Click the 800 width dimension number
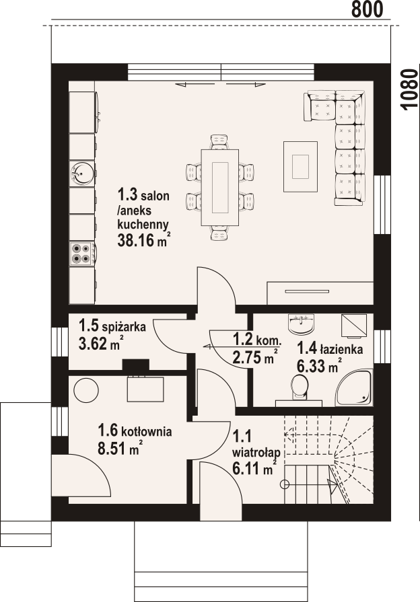(367, 9)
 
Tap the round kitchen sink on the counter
(82, 173)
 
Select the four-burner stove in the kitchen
(81, 254)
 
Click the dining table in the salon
(220, 188)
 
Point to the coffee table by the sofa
(300, 166)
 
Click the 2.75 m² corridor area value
(256, 357)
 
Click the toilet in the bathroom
(299, 387)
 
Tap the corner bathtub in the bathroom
(354, 387)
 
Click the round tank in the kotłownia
(86, 390)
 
